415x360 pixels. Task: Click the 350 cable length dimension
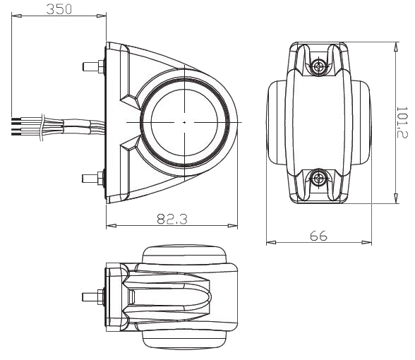pyautogui.click(x=59, y=9)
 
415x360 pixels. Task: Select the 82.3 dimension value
pyautogui.click(x=172, y=219)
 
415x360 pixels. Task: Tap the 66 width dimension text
pyautogui.click(x=318, y=236)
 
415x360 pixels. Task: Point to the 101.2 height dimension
pyautogui.click(x=402, y=122)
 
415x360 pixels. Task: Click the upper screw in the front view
pyautogui.click(x=318, y=66)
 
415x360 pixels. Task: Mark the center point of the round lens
pyautogui.click(x=184, y=122)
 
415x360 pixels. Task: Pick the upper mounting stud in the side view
pyautogui.click(x=93, y=66)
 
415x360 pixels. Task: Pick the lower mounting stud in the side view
pyautogui.click(x=93, y=178)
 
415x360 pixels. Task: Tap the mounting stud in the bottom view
pyautogui.click(x=93, y=297)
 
